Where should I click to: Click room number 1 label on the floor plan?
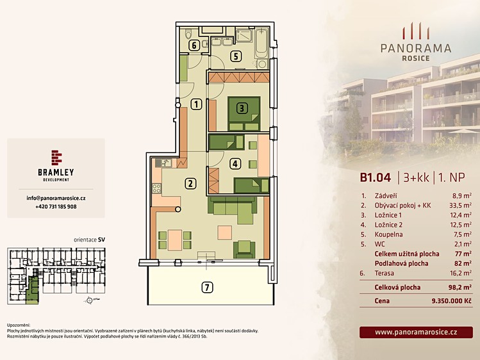tap(196, 104)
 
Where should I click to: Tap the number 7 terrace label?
tap(207, 288)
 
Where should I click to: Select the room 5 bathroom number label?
tap(236, 56)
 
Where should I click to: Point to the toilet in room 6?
tap(188, 33)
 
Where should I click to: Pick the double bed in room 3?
tap(244, 113)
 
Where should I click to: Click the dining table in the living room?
tap(175, 240)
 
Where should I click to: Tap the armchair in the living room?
tap(244, 249)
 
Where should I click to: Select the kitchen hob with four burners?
tap(157, 188)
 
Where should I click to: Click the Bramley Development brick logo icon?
tap(56, 158)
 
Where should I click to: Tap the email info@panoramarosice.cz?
tap(56, 198)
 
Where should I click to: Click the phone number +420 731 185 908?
tap(56, 207)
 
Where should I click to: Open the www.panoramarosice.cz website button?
tap(416, 332)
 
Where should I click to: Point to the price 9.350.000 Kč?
tap(451, 301)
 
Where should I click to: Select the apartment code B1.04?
tap(376, 177)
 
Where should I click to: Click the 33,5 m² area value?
tap(460, 205)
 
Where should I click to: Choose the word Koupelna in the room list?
tap(388, 234)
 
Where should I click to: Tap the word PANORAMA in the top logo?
tap(416, 48)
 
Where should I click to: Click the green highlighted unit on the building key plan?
tap(32, 288)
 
